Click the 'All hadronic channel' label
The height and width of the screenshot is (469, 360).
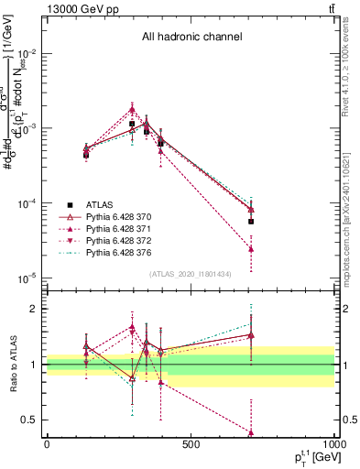191,38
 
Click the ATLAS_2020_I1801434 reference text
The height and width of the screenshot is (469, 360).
190,274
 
